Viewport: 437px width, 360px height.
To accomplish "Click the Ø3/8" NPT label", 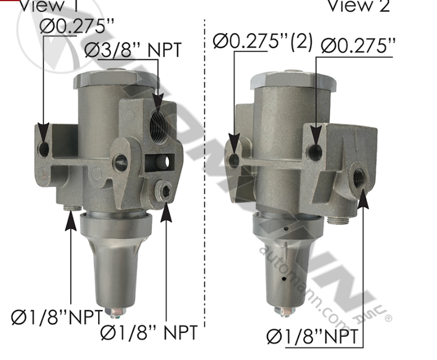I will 133,50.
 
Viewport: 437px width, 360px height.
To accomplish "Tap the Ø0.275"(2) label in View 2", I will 263,42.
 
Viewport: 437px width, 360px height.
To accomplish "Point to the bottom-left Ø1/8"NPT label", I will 57,317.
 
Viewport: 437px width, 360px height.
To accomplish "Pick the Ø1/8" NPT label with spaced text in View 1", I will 149,333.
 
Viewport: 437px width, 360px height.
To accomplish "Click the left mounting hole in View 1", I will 44,148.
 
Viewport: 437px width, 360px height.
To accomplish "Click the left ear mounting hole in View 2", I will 234,161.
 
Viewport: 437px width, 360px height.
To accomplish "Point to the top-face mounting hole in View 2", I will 316,152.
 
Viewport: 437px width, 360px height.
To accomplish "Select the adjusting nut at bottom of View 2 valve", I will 285,312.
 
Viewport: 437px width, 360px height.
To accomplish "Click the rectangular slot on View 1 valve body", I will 160,159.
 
